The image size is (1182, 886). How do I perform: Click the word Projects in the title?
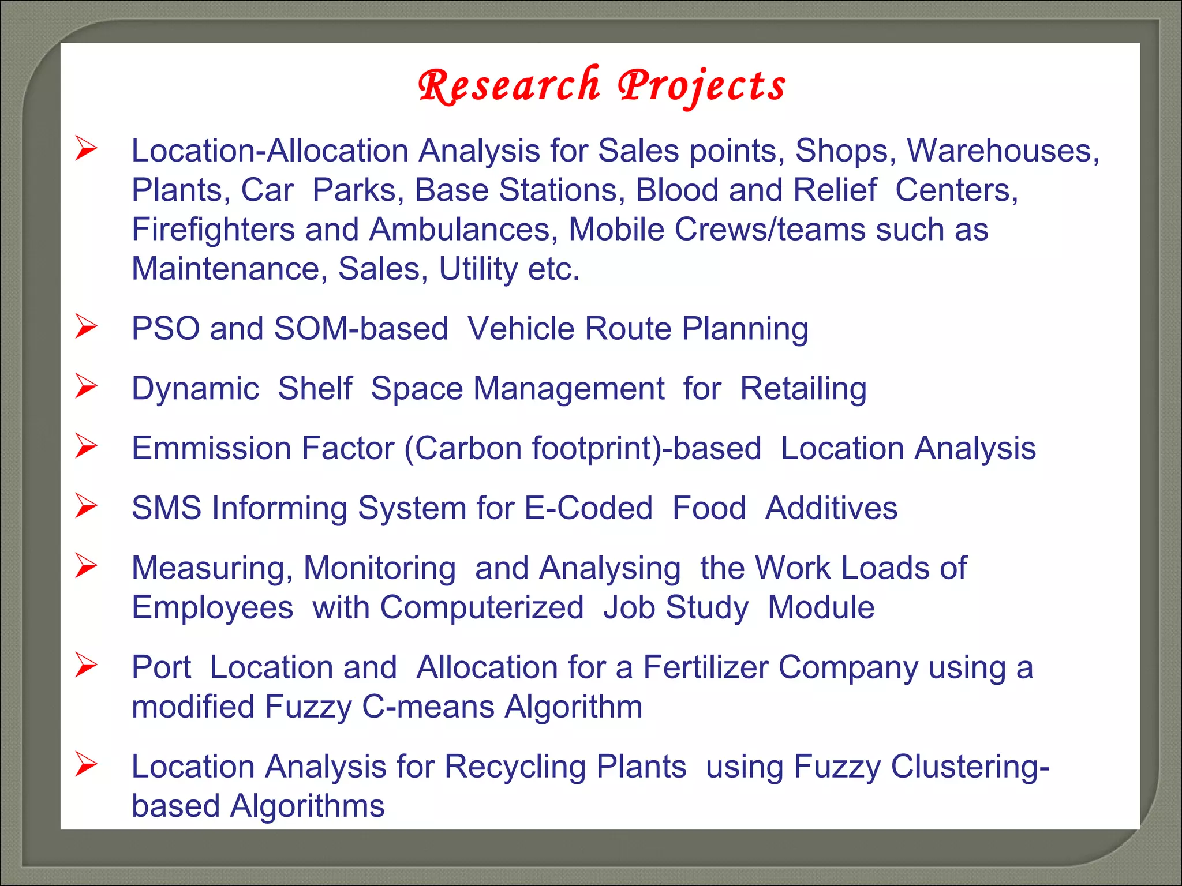point(702,85)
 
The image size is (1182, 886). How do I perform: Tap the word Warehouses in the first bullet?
point(1003,151)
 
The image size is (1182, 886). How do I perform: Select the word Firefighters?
point(213,230)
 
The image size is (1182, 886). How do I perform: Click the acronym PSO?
point(166,329)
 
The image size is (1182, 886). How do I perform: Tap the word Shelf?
point(315,388)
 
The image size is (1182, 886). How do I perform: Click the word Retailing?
point(803,388)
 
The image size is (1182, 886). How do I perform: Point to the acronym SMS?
point(167,508)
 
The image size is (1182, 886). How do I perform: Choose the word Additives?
point(831,508)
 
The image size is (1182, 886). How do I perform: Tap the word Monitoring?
point(380,568)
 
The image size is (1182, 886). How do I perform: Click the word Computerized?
point(482,607)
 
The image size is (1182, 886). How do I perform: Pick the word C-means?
point(428,707)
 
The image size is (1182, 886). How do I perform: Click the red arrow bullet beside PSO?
point(86,326)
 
